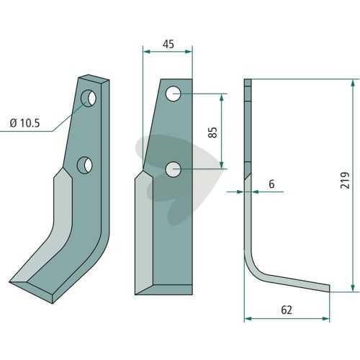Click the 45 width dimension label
(x=168, y=44)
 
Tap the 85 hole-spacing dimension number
(x=212, y=132)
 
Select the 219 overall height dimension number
(x=345, y=180)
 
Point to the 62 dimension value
(x=287, y=310)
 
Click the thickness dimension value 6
(x=271, y=184)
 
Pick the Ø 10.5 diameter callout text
(x=24, y=123)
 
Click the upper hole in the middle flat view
(x=173, y=94)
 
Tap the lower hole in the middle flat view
(x=173, y=169)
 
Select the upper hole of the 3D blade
(x=89, y=98)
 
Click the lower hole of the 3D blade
(x=85, y=166)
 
